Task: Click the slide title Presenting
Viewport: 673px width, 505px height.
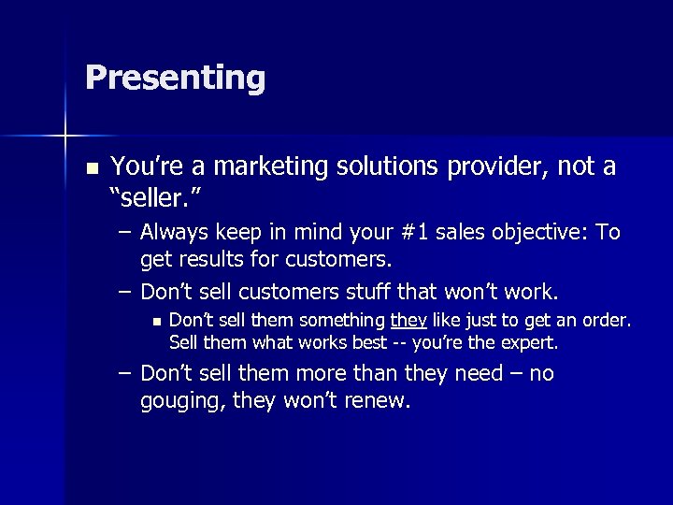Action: [175, 78]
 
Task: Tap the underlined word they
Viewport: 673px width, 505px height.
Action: [408, 322]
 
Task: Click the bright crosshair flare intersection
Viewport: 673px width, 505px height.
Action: [65, 137]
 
